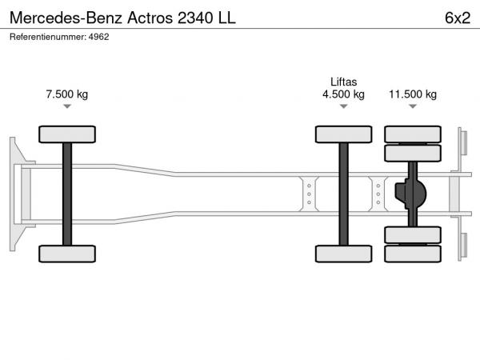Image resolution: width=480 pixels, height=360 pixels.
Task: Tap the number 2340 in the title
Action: coord(195,18)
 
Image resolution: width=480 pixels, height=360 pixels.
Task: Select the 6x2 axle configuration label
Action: coord(458,18)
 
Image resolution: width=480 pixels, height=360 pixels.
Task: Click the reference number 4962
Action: coord(99,37)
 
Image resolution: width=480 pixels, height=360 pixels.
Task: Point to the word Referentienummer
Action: coord(48,37)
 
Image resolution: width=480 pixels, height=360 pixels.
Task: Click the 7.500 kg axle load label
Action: coord(67,94)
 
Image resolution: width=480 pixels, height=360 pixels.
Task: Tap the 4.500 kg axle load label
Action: coord(343,94)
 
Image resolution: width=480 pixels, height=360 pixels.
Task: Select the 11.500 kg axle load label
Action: coord(413,94)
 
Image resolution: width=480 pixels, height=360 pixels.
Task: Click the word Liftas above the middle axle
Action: coord(343,82)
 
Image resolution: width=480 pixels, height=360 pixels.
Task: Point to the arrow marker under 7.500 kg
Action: coord(67,106)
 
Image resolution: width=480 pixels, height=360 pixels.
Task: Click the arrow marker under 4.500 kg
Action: coord(343,106)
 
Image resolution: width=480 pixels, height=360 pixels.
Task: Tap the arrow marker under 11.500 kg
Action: coord(413,106)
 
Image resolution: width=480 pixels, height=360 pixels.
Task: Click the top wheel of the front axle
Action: coord(67,134)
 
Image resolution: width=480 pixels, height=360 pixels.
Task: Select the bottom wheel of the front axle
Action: coord(67,254)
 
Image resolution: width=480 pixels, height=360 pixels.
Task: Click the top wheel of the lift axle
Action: coord(343,134)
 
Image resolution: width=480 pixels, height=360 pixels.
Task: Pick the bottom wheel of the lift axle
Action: coord(343,254)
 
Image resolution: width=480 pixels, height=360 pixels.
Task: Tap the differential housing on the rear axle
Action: coord(410,194)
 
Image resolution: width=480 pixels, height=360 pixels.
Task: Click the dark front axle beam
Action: coord(67,194)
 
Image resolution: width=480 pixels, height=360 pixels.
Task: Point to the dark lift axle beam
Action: coord(343,194)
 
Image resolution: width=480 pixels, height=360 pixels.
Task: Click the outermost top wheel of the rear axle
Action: coord(413,134)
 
